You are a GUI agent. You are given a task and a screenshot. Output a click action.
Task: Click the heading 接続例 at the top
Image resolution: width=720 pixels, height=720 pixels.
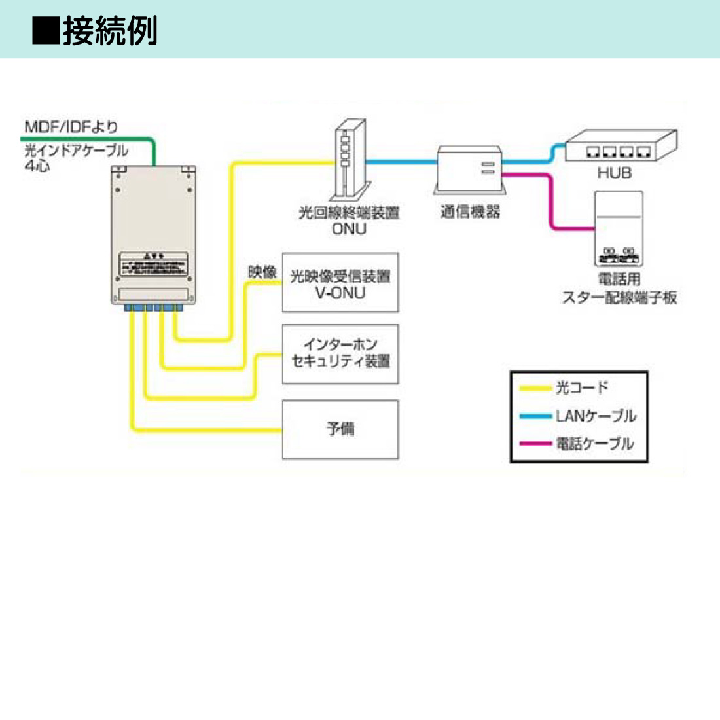pos(110,31)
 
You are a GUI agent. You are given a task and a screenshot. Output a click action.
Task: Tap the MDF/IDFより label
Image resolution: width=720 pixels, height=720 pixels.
pos(71,126)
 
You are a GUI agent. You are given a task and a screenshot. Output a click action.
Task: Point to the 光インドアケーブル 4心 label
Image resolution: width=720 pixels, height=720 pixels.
pos(75,157)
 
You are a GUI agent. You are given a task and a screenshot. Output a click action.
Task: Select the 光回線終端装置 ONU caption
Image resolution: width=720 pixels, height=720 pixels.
pos(349,220)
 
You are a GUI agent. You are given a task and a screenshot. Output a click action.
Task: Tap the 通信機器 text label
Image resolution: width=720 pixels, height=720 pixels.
pos(470,211)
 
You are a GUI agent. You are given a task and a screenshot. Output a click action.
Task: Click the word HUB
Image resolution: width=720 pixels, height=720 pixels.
pos(614,173)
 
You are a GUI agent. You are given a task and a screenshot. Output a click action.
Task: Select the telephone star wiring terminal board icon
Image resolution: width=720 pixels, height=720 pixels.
pos(619,228)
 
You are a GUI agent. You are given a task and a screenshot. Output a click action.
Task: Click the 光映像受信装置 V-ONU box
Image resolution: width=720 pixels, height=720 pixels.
pos(340,283)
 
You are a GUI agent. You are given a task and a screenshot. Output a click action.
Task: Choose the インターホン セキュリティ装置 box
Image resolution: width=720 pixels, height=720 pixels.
pos(340,353)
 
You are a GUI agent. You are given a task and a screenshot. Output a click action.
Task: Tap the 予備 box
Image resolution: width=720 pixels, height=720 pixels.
pos(340,429)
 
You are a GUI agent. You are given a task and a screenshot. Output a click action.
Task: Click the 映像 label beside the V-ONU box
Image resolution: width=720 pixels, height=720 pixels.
pos(262,272)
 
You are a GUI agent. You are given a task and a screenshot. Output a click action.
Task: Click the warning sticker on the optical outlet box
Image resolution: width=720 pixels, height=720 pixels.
pos(153,263)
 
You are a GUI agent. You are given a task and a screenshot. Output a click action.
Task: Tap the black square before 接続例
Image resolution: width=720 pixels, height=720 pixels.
pos(46,31)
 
